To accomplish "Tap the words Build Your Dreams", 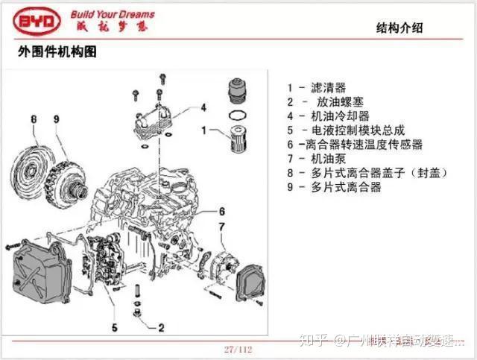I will pyautogui.click(x=113, y=13).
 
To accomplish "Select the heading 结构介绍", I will pyautogui.click(x=403, y=29).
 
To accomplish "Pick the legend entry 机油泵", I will pyautogui.click(x=328, y=159).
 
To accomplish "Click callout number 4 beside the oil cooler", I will pyautogui.click(x=203, y=107).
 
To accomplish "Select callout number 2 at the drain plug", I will pyautogui.click(x=162, y=326).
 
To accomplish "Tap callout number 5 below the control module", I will pyautogui.click(x=115, y=326).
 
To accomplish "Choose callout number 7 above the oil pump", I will pyautogui.click(x=221, y=226).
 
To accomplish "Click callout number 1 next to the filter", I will pyautogui.click(x=203, y=131).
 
